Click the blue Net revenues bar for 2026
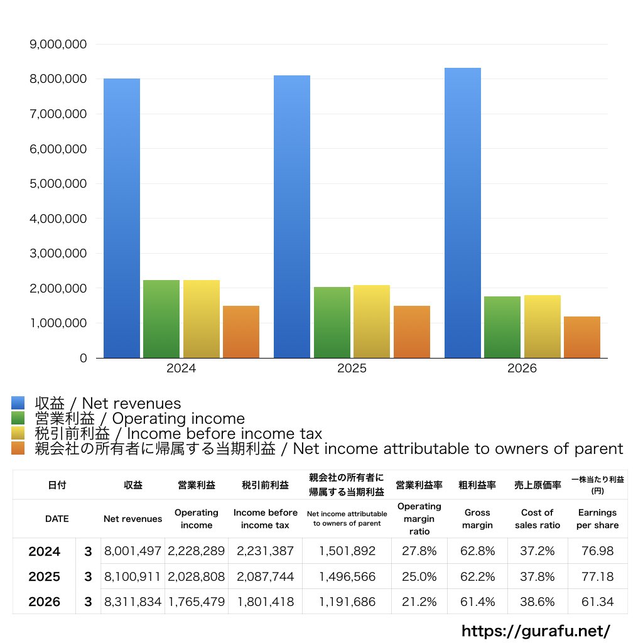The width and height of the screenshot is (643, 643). pyautogui.click(x=463, y=213)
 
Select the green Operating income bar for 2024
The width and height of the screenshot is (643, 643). pyautogui.click(x=161, y=319)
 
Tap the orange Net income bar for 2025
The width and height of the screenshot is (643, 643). pyautogui.click(x=412, y=332)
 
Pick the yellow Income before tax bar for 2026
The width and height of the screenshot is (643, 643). pyautogui.click(x=542, y=327)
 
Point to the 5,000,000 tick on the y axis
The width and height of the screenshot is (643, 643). pyautogui.click(x=58, y=184)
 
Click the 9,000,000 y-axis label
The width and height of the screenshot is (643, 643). pyautogui.click(x=58, y=45)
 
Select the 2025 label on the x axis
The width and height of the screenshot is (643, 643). pyautogui.click(x=352, y=368)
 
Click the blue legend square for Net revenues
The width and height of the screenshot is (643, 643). pyautogui.click(x=18, y=403)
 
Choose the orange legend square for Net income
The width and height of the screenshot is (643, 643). pyautogui.click(x=18, y=448)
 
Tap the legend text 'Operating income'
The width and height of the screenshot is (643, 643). pyautogui.click(x=178, y=418)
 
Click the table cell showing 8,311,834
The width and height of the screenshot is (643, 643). pyautogui.click(x=132, y=602)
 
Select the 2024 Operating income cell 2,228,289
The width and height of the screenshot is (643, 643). pyautogui.click(x=196, y=551)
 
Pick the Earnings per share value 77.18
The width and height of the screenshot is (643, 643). pyautogui.click(x=598, y=576)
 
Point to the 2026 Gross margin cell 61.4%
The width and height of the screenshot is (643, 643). pyautogui.click(x=477, y=602)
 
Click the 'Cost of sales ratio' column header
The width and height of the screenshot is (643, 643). pyautogui.click(x=538, y=519)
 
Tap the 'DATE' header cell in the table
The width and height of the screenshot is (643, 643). pyautogui.click(x=57, y=519)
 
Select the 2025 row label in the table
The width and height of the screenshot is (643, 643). pyautogui.click(x=45, y=576)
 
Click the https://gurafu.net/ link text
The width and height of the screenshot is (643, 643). pyautogui.click(x=536, y=631)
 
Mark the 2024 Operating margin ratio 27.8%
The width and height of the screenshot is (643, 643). pyautogui.click(x=419, y=551)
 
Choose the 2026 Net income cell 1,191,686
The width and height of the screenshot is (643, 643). pyautogui.click(x=347, y=602)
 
